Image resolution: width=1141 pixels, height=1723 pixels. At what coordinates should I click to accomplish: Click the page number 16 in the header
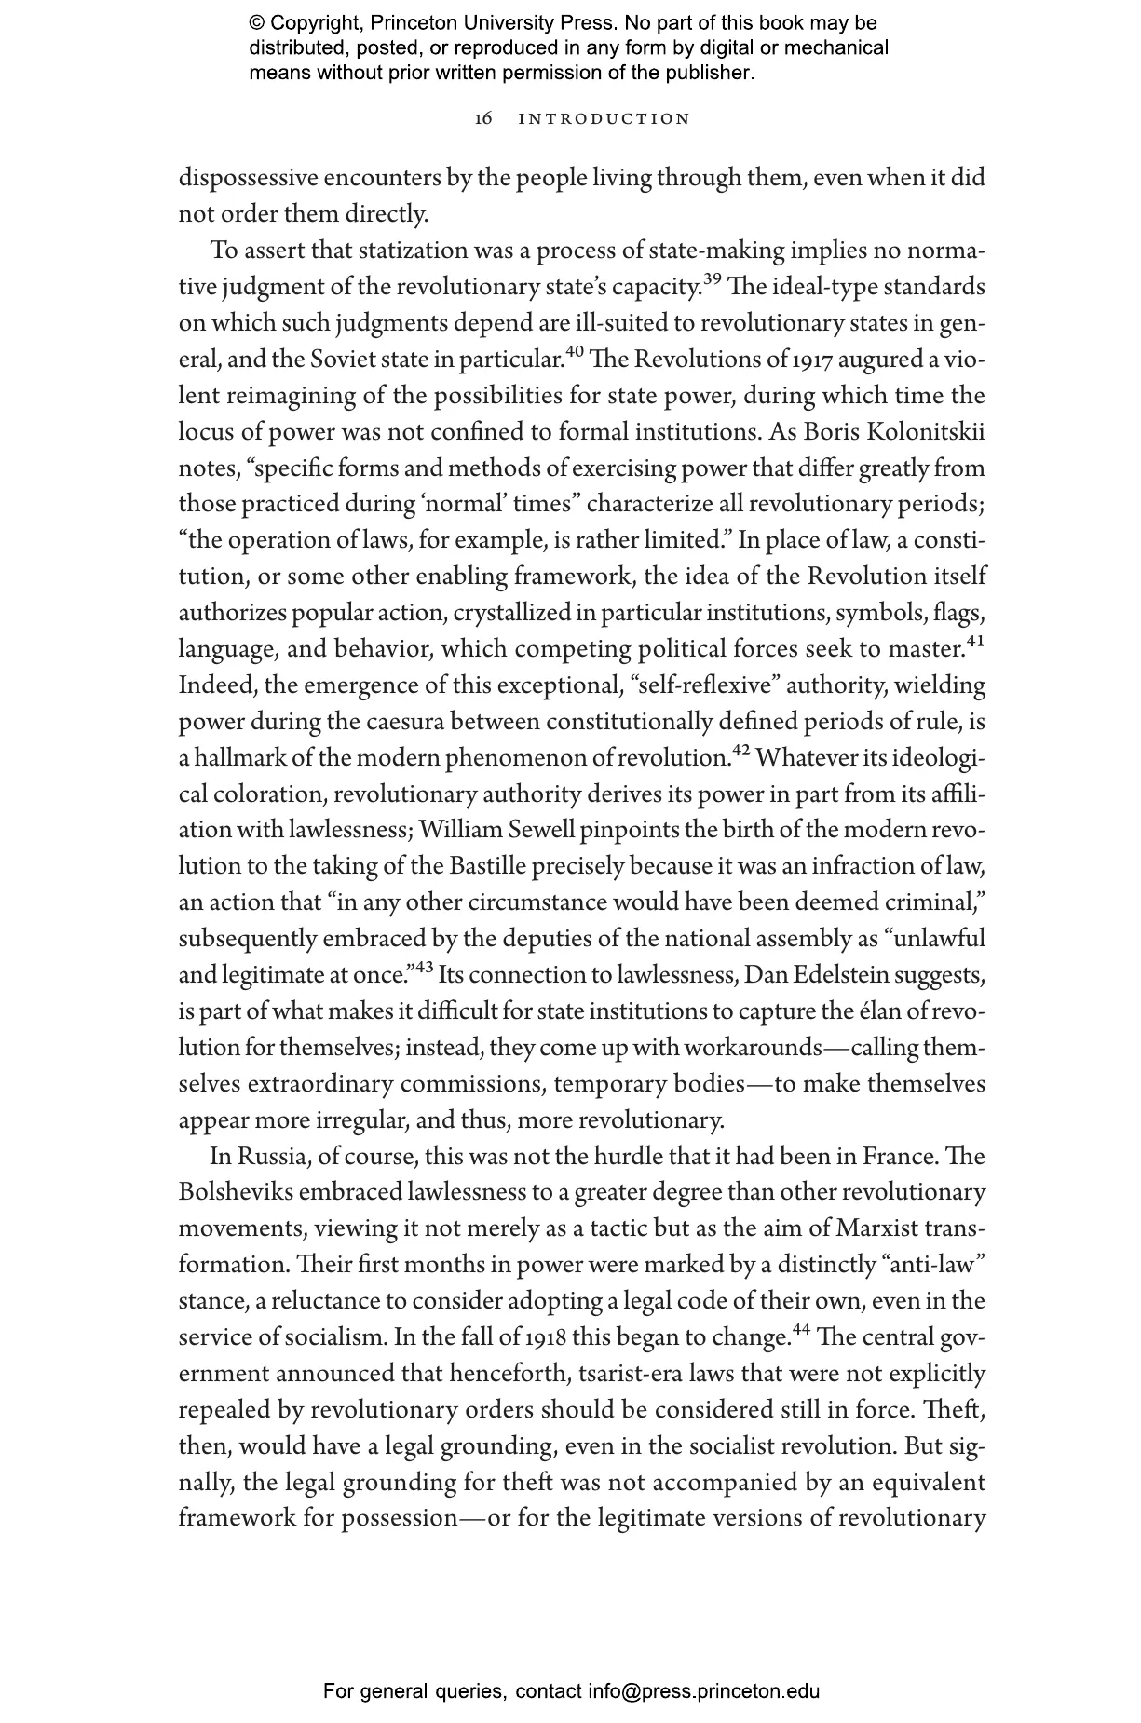pos(482,119)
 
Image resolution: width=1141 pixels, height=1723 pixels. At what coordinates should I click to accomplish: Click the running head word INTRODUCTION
pos(604,119)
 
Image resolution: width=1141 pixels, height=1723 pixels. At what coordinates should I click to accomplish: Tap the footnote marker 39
pos(713,280)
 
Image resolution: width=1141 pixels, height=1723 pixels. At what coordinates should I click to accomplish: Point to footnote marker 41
pos(975,642)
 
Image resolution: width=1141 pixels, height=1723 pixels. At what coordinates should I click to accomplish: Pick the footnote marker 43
pos(424,969)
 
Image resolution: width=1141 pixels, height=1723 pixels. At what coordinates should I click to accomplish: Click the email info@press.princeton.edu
pos(703,1691)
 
